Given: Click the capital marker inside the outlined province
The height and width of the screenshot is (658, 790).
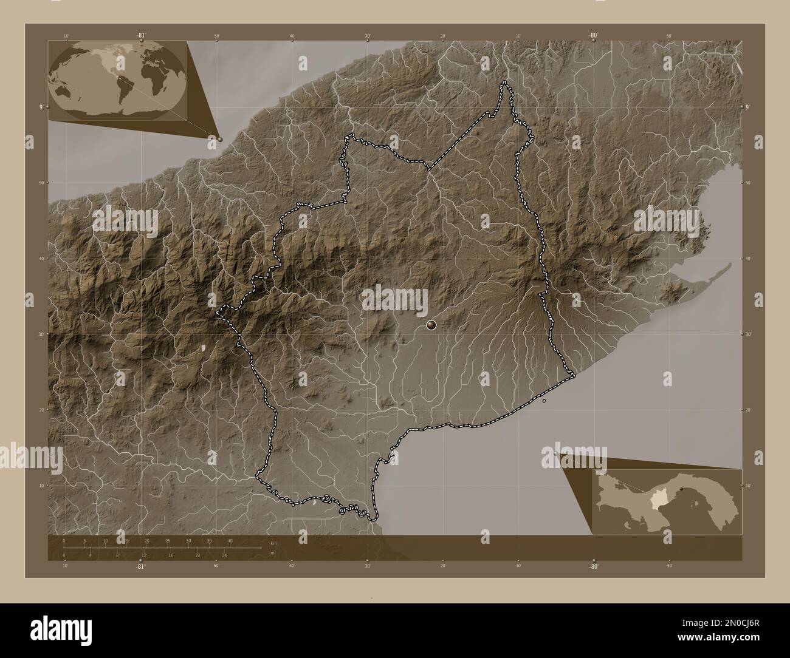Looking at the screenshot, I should pos(431,325).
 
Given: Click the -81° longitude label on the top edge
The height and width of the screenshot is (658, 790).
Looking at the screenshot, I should pos(141,35).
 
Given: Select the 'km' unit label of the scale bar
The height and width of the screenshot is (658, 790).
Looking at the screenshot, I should pos(273,543).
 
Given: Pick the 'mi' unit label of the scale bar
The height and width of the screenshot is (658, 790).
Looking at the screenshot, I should pos(273,552).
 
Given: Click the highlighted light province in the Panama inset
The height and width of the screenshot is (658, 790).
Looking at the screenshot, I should pos(657,502).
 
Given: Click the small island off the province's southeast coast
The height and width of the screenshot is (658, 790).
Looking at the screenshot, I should pos(544,401).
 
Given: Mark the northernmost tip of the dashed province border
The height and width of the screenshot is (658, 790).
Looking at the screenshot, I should pos(504,83).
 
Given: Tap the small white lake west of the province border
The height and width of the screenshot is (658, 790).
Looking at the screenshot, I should pos(203,348).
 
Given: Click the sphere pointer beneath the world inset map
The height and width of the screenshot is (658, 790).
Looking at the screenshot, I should pos(220,139).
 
